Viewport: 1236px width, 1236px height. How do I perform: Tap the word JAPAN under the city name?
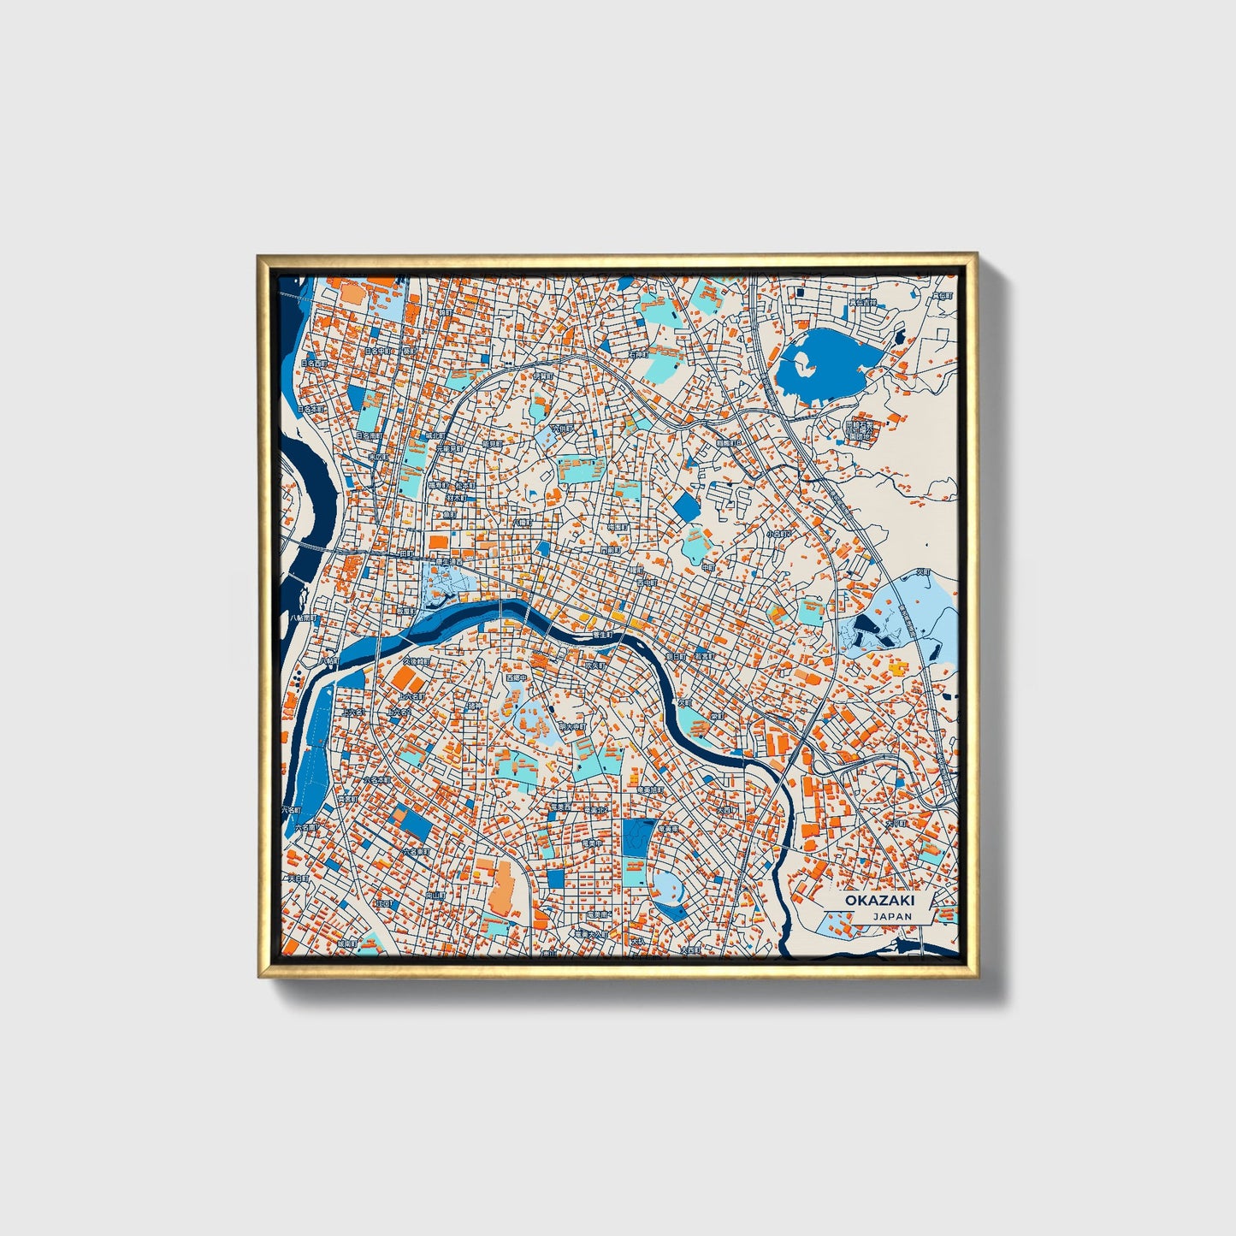[892, 916]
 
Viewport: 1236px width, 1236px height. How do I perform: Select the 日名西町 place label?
[313, 364]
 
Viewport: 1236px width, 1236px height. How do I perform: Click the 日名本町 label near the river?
[318, 409]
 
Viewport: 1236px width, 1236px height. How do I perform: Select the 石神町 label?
[636, 353]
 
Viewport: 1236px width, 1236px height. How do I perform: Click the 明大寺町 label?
[571, 726]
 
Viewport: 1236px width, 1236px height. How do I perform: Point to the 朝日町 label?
[677, 656]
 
